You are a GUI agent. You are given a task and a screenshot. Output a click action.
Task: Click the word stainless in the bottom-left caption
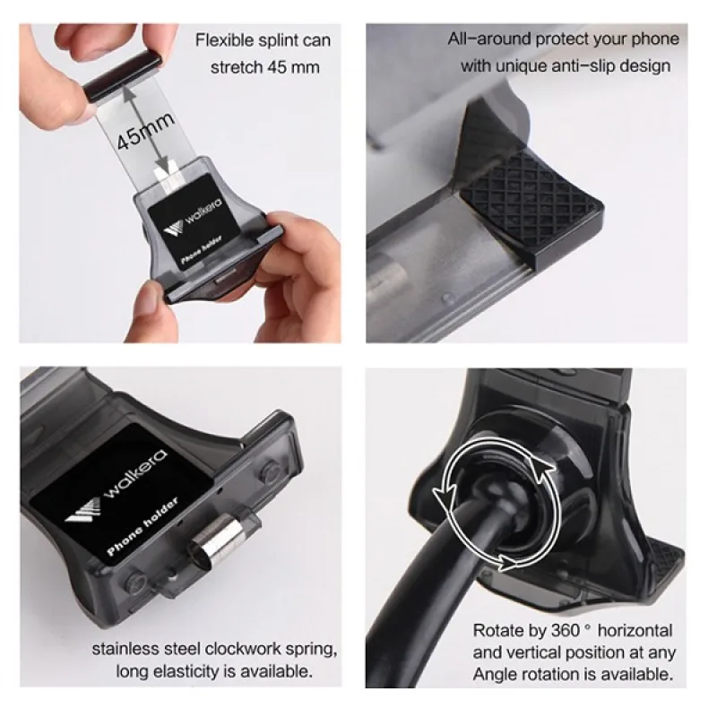125,648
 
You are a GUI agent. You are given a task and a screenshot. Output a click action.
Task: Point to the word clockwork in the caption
246,648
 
